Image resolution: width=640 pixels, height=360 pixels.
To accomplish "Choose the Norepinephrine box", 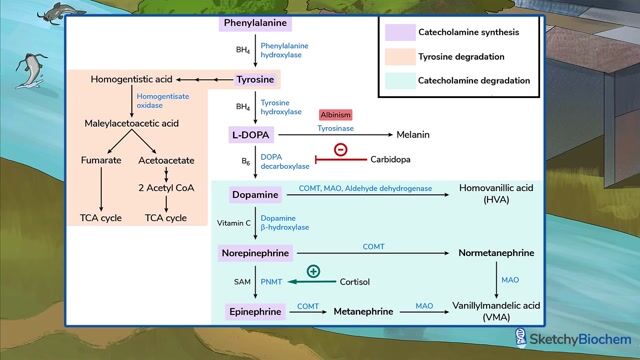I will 256,254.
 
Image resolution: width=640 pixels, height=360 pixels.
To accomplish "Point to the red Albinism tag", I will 336,115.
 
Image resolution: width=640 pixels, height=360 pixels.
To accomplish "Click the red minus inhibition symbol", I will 340,150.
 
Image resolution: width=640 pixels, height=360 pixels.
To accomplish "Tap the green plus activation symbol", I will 313,271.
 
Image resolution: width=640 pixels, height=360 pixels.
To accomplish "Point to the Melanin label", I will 418,134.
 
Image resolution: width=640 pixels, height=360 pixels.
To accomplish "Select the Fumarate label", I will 102,160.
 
